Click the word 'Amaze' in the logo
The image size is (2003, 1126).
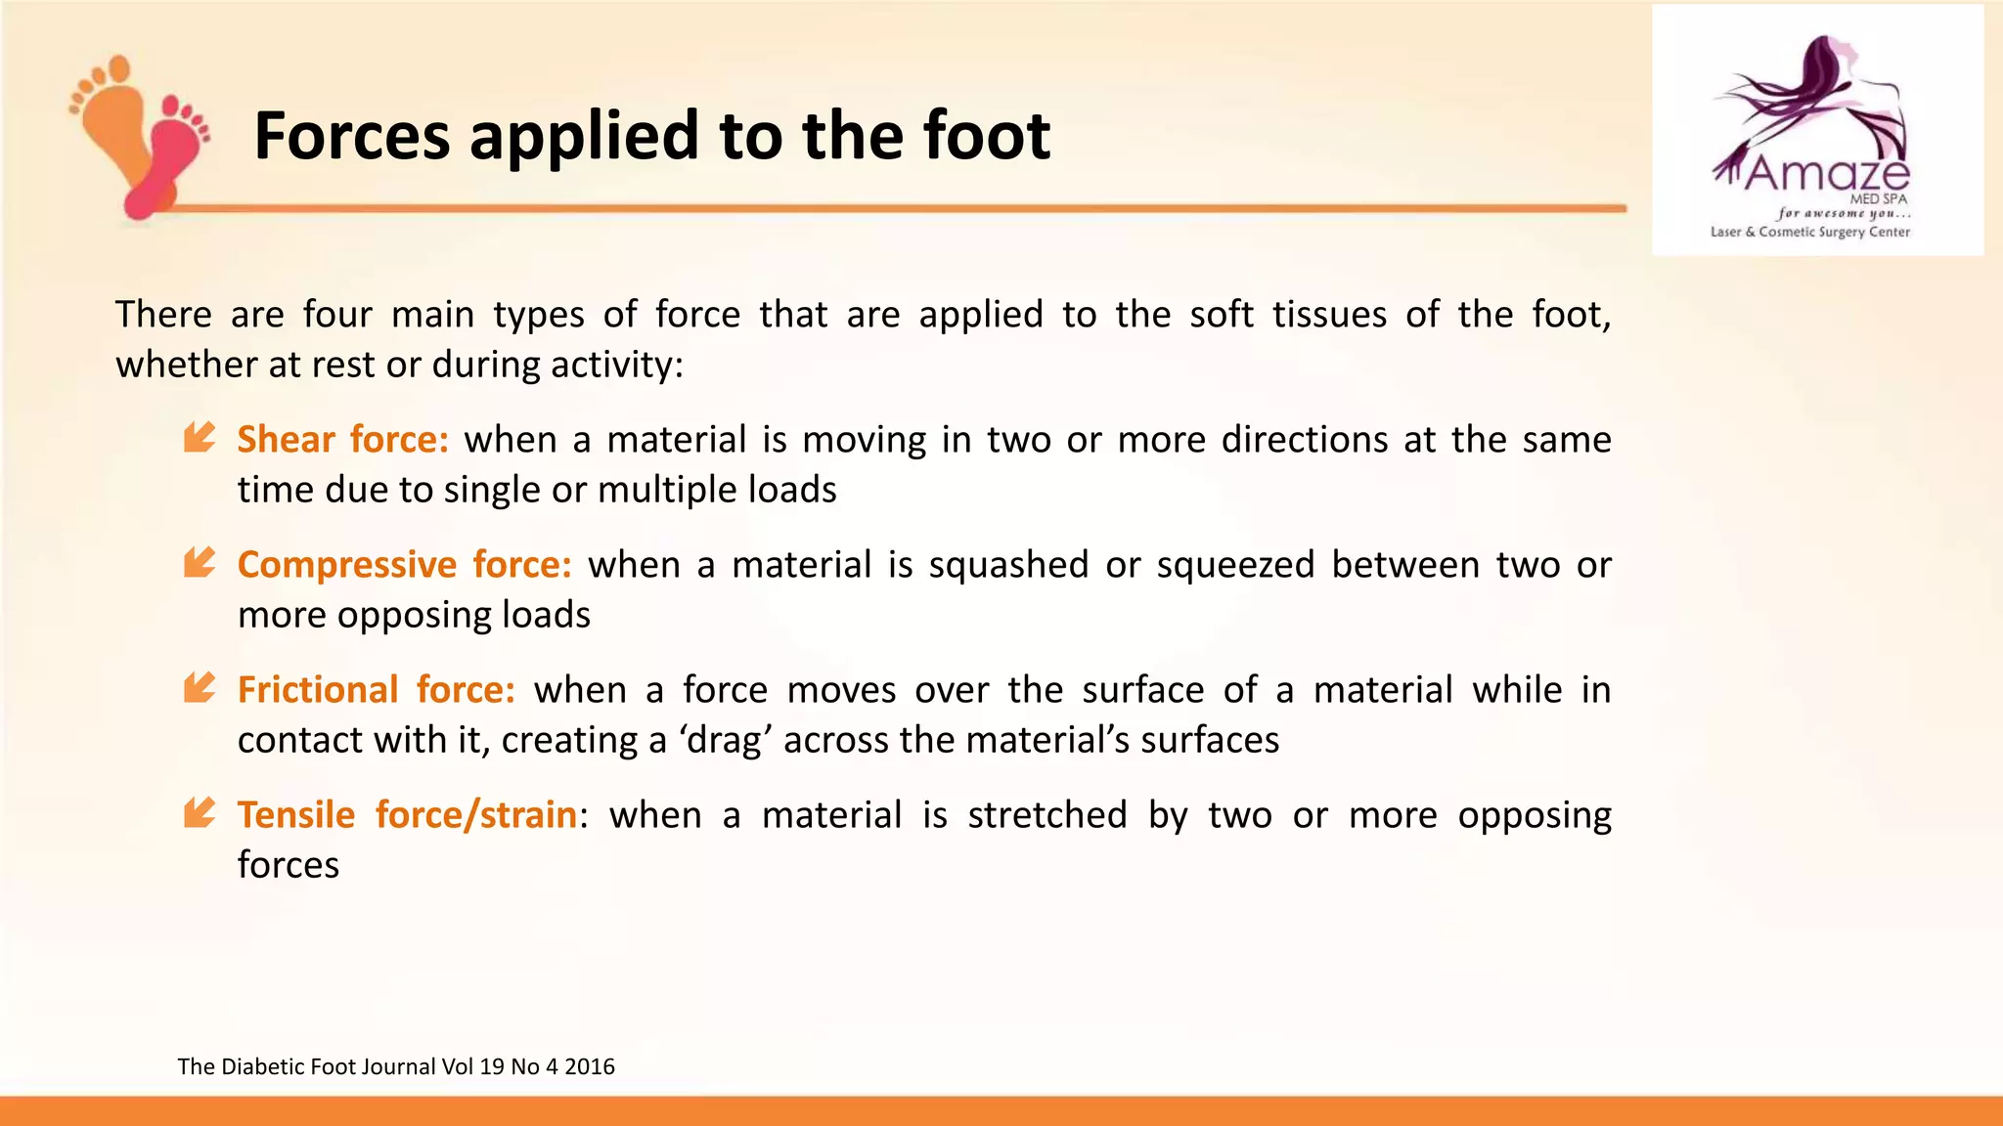click(1825, 174)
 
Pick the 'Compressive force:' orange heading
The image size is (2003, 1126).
click(405, 565)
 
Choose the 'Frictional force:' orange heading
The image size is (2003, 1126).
click(377, 690)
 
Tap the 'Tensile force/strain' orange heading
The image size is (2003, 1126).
click(407, 815)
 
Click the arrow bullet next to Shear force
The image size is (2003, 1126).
click(200, 437)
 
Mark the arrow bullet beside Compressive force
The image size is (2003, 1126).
click(200, 562)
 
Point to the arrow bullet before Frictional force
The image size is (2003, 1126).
click(200, 687)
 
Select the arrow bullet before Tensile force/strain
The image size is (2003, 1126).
click(200, 812)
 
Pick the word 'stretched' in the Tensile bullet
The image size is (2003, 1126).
click(1047, 815)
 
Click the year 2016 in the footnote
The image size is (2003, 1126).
click(590, 1066)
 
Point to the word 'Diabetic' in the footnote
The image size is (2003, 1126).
click(262, 1066)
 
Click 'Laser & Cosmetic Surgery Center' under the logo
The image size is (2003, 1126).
click(1809, 233)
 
